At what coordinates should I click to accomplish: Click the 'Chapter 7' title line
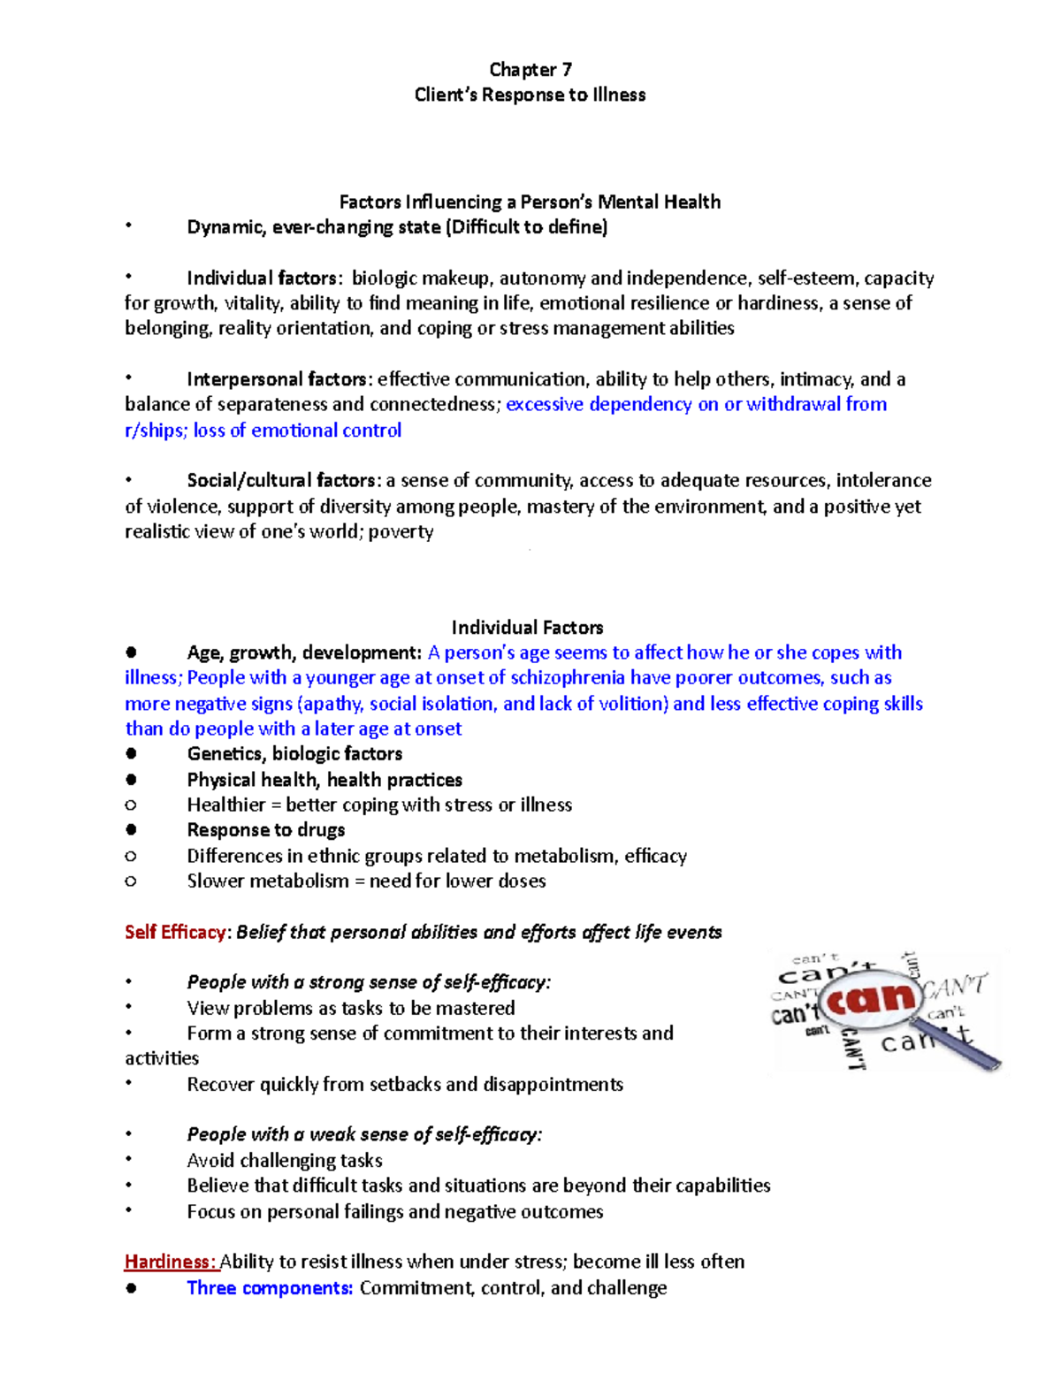point(530,70)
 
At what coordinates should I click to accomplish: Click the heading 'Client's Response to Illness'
point(530,95)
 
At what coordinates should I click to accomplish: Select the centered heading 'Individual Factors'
point(527,628)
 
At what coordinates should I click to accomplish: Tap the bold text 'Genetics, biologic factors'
point(294,754)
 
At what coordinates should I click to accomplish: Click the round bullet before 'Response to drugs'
point(131,830)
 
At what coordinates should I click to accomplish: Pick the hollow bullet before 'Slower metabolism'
point(131,881)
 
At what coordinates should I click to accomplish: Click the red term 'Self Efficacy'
point(175,933)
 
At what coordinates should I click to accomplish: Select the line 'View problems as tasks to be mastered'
point(350,1009)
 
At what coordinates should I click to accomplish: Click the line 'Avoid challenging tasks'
point(285,1161)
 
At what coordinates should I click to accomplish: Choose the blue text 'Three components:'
point(270,1288)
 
